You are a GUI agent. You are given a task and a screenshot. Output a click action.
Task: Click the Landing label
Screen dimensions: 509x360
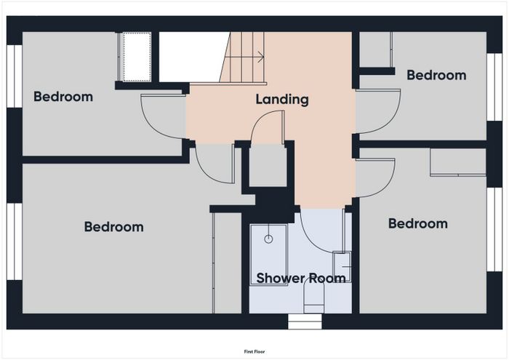click(282, 100)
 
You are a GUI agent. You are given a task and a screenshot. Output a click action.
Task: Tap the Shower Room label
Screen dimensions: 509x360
click(301, 279)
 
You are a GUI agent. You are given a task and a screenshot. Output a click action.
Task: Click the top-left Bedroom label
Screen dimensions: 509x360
click(63, 97)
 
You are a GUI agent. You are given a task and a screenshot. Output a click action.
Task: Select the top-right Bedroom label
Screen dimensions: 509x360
click(436, 76)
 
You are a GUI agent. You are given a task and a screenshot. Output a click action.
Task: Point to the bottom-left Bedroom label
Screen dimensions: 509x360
click(114, 227)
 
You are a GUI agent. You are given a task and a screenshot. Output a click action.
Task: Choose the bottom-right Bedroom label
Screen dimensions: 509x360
click(418, 224)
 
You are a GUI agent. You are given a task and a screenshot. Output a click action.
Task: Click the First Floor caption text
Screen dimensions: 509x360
click(254, 351)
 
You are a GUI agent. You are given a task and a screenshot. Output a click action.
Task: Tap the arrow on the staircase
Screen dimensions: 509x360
click(244, 57)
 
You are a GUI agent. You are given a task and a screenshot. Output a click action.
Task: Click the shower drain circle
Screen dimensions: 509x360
click(268, 239)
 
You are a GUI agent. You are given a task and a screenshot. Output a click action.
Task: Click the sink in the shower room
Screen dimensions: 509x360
click(342, 267)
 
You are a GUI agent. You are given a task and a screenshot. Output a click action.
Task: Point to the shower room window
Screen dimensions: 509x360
click(305, 321)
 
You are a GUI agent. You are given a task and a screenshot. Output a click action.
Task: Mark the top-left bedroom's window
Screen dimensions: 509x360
click(15, 76)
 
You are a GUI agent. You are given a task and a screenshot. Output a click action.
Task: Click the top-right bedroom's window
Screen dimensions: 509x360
click(494, 87)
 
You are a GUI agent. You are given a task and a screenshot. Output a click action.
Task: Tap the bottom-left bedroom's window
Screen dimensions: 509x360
click(15, 241)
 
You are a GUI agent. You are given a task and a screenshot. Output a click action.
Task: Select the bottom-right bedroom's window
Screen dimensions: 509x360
click(494, 230)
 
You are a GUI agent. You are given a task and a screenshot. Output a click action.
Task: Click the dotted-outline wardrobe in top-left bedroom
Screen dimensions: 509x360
click(137, 57)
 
